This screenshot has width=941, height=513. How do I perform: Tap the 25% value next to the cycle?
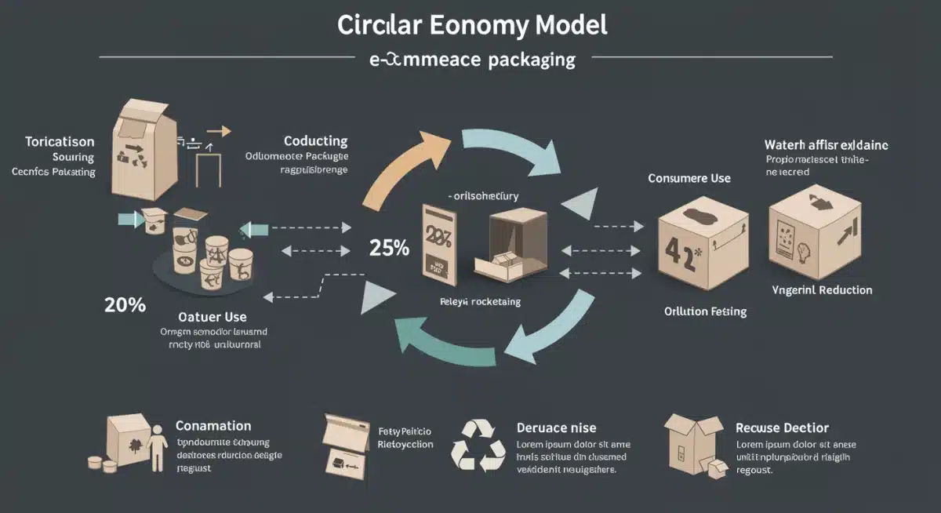click(389, 249)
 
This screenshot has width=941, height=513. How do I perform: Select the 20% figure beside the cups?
click(125, 305)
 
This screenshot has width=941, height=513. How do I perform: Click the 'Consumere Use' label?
click(689, 178)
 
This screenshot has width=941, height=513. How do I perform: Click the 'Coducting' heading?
click(315, 141)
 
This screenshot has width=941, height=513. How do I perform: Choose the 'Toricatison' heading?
click(60, 142)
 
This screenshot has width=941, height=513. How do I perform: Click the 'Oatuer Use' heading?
click(213, 317)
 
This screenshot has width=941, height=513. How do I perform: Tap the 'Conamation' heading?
click(213, 426)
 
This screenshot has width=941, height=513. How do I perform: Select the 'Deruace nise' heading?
click(556, 427)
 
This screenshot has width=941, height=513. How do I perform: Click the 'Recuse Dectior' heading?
click(782, 427)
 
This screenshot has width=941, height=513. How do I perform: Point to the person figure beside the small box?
click(157, 448)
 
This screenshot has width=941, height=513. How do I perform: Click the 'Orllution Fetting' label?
click(705, 311)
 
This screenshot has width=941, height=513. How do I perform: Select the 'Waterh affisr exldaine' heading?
click(827, 145)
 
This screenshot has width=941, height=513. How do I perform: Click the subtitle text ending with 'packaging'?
click(472, 60)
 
